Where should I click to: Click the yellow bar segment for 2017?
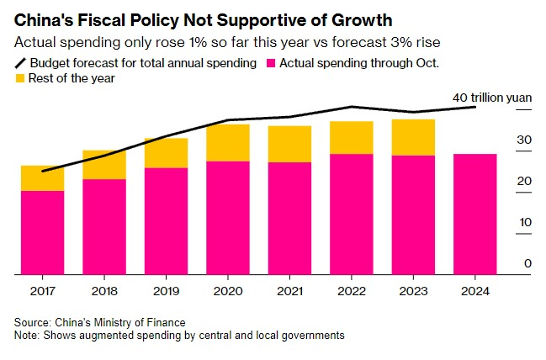pyautogui.click(x=42, y=178)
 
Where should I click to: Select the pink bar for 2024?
pyautogui.click(x=475, y=214)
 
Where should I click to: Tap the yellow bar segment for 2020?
pyautogui.click(x=228, y=143)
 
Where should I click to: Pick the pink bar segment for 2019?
pyautogui.click(x=166, y=221)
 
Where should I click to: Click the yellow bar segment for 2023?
pyautogui.click(x=413, y=138)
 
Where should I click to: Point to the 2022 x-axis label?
pyautogui.click(x=352, y=291)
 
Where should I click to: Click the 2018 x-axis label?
pyautogui.click(x=104, y=291)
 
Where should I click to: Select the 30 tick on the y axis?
pyautogui.click(x=524, y=140)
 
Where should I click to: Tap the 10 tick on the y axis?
pyautogui.click(x=525, y=222)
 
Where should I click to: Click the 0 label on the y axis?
pyautogui.click(x=527, y=263)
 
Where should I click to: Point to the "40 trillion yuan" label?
pyautogui.click(x=492, y=98)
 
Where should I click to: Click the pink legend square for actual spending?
pyautogui.click(x=271, y=63)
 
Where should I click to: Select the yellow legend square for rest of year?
pyautogui.click(x=20, y=78)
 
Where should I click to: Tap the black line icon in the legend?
pyautogui.click(x=20, y=63)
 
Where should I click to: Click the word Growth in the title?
pyautogui.click(x=362, y=20)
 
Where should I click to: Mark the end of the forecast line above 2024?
pyautogui.click(x=475, y=107)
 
